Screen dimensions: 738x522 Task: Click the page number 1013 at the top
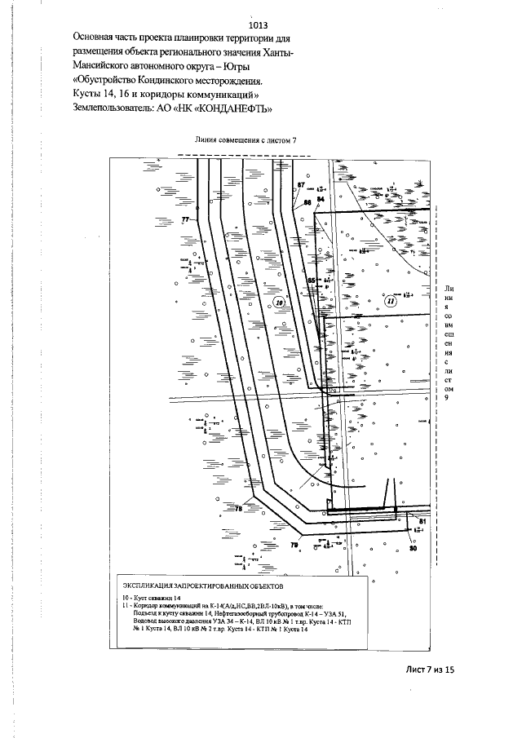[259, 25]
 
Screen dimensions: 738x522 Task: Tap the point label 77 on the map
[185, 221]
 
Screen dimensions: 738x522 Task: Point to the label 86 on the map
[307, 201]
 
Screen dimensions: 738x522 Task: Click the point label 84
[321, 199]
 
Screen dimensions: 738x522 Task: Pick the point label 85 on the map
[310, 280]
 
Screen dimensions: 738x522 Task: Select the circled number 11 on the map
[391, 301]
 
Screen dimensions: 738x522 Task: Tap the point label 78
[239, 509]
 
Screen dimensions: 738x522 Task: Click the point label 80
[413, 548]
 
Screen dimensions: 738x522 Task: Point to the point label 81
[423, 519]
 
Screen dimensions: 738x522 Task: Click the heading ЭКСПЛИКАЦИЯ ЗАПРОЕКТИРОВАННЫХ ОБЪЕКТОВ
[201, 586]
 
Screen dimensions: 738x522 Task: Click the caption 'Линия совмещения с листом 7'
[245, 140]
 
